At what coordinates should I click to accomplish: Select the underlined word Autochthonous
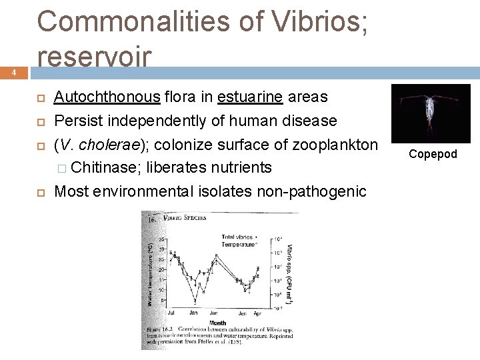(107, 97)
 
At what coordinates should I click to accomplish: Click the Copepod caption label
(433, 154)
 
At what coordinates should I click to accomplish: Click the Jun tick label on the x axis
(214, 312)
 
